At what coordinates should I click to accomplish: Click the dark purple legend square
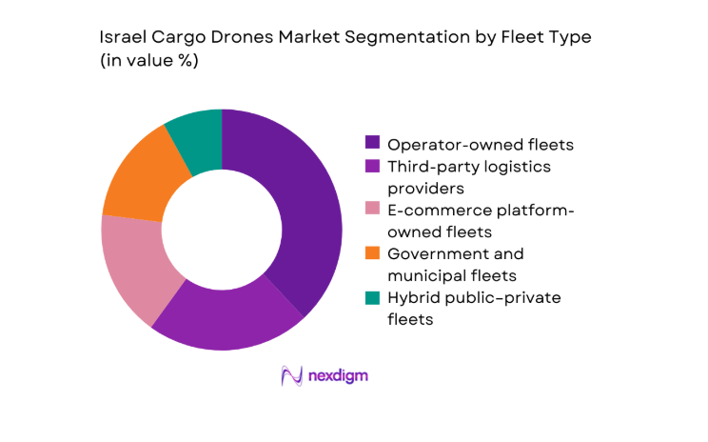(372, 144)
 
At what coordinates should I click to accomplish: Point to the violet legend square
(372, 167)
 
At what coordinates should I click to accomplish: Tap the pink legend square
(372, 211)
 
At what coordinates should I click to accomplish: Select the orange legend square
(372, 254)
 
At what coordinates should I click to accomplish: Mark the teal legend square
(372, 298)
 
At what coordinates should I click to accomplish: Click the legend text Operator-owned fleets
(481, 144)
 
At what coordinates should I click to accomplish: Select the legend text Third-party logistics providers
(455, 177)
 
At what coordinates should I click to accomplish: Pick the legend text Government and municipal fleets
(455, 265)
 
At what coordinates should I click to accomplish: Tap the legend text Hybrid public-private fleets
(473, 309)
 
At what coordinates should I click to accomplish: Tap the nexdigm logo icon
(291, 375)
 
